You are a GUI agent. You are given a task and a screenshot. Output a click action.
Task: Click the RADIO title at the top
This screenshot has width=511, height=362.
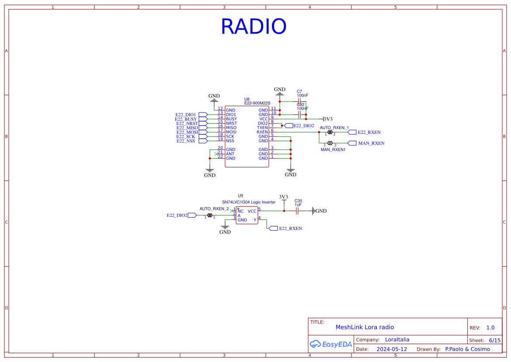point(253,27)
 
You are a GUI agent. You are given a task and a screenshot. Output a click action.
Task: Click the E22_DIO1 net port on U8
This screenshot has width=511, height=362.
point(203,115)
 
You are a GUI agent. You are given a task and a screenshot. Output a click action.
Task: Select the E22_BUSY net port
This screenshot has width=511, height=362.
point(203,119)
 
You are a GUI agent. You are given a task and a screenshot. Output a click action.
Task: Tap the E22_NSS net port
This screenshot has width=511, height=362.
point(203,141)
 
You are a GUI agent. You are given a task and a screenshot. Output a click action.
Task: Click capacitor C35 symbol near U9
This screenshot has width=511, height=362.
point(297,211)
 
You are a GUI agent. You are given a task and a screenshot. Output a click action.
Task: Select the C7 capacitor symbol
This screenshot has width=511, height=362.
point(299,101)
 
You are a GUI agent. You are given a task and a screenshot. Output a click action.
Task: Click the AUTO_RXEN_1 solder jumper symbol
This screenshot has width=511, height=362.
point(330,132)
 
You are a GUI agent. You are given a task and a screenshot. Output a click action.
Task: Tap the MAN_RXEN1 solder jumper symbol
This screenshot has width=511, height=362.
point(330,143)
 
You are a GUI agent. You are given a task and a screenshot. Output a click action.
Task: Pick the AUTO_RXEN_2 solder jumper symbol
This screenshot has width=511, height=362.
point(210,215)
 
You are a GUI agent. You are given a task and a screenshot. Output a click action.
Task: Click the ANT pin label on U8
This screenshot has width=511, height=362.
point(230,154)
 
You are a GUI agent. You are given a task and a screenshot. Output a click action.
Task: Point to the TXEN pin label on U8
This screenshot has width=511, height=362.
point(262,128)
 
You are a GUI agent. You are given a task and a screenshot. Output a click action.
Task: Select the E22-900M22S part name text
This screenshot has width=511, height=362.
point(257,103)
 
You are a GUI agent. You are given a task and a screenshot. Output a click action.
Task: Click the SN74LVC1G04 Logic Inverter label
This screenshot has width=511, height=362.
point(249,202)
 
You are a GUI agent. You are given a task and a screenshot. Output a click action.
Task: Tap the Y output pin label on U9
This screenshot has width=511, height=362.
point(255,220)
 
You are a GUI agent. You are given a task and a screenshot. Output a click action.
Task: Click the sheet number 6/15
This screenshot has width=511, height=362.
point(494,340)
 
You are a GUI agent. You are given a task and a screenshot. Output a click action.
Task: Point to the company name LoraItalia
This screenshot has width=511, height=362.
point(397,340)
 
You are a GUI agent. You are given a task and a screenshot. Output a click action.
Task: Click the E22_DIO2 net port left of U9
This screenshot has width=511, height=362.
point(192,215)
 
